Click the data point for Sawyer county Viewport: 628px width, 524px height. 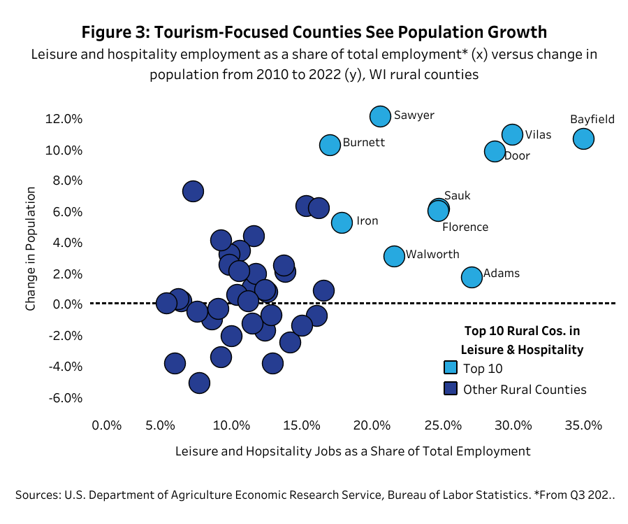pyautogui.click(x=380, y=116)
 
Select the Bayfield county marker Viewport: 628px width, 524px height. pyautogui.click(x=583, y=139)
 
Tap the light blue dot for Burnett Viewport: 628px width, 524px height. pyautogui.click(x=330, y=145)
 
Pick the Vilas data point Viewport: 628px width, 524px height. pyautogui.click(x=513, y=134)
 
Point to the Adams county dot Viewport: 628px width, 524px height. pyautogui.click(x=472, y=277)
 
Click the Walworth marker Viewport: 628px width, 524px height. pyautogui.click(x=394, y=256)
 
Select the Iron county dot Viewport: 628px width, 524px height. pyautogui.click(x=342, y=222)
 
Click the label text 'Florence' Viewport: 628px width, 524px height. pyautogui.click(x=465, y=227)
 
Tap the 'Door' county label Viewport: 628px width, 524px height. pyautogui.click(x=517, y=156)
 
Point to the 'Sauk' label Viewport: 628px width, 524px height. pyautogui.click(x=458, y=196)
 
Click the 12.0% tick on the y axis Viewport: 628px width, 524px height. pyautogui.click(x=64, y=119)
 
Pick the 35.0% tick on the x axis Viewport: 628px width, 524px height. pyautogui.click(x=583, y=425)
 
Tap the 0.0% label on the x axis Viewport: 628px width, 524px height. pyautogui.click(x=106, y=425)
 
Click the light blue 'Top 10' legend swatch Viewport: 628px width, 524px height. pyautogui.click(x=451, y=367)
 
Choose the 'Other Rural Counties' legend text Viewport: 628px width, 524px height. pyautogui.click(x=525, y=389)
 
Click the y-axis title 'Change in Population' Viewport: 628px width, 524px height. pyautogui.click(x=31, y=248)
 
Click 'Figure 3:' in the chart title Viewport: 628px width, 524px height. pyautogui.click(x=115, y=32)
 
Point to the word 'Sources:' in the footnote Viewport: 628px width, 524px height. pyautogui.click(x=38, y=495)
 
